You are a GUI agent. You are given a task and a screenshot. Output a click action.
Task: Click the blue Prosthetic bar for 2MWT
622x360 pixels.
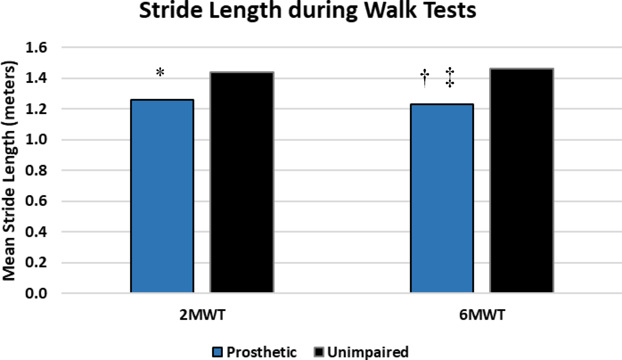coord(162,196)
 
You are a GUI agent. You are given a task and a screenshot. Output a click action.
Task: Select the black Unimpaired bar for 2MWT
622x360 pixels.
coord(241,182)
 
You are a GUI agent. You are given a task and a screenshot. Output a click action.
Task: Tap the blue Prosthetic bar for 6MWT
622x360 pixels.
coord(442,198)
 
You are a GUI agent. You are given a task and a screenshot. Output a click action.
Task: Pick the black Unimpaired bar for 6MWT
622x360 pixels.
coord(521,181)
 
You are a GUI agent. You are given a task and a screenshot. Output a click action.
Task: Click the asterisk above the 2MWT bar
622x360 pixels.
coord(160,73)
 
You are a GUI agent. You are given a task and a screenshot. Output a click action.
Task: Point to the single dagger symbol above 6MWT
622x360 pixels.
coord(425,78)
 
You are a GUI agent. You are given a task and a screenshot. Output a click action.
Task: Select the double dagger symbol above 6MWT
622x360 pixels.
coord(450,78)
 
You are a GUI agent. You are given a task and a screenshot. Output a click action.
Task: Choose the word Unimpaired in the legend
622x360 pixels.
coord(368,352)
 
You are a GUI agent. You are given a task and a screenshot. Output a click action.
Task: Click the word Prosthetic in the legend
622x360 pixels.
coord(262,352)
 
